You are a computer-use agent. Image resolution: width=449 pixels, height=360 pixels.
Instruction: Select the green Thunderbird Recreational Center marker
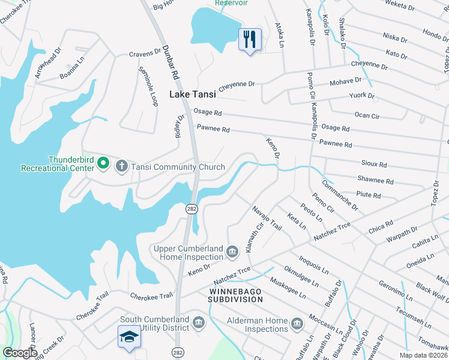pos(103,163)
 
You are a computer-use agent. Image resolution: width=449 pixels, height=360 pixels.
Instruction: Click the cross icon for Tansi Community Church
pos(121,166)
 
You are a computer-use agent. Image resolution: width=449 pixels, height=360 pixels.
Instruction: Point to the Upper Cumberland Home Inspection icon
pos(232,253)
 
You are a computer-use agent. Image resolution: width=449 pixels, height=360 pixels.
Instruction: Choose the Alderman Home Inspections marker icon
pos(297,325)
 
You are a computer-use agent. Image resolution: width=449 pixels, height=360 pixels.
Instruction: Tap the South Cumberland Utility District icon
pos(198,324)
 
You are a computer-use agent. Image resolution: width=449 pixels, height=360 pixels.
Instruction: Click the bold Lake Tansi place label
pos(193,94)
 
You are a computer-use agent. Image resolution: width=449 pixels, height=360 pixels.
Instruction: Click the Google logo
pos(20,353)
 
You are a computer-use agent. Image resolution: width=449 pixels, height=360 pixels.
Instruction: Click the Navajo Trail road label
pos(267,217)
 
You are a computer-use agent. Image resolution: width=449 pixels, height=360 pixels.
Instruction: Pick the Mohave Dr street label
pos(345,80)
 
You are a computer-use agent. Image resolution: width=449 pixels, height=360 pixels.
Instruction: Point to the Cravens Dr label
pos(142,54)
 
